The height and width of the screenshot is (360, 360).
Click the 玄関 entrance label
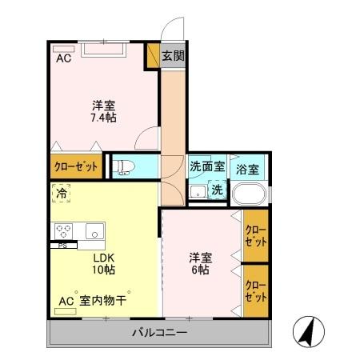[x=173, y=56]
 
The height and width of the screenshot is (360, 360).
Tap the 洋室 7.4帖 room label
[x=104, y=110]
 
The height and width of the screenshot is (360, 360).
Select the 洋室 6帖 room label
[x=201, y=263]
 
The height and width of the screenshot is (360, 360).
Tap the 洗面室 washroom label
[x=206, y=168]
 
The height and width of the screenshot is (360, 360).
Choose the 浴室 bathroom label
[x=247, y=169]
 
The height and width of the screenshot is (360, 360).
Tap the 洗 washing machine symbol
[x=217, y=190]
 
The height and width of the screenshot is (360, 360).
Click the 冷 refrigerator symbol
[x=62, y=192]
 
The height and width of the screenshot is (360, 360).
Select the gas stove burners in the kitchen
[x=64, y=231]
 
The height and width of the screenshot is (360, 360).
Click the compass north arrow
[x=311, y=330]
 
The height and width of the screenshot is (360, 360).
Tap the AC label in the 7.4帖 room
[x=63, y=58]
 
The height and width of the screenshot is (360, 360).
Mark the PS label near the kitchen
[x=62, y=246]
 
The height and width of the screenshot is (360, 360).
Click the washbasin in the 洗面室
[x=197, y=191]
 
